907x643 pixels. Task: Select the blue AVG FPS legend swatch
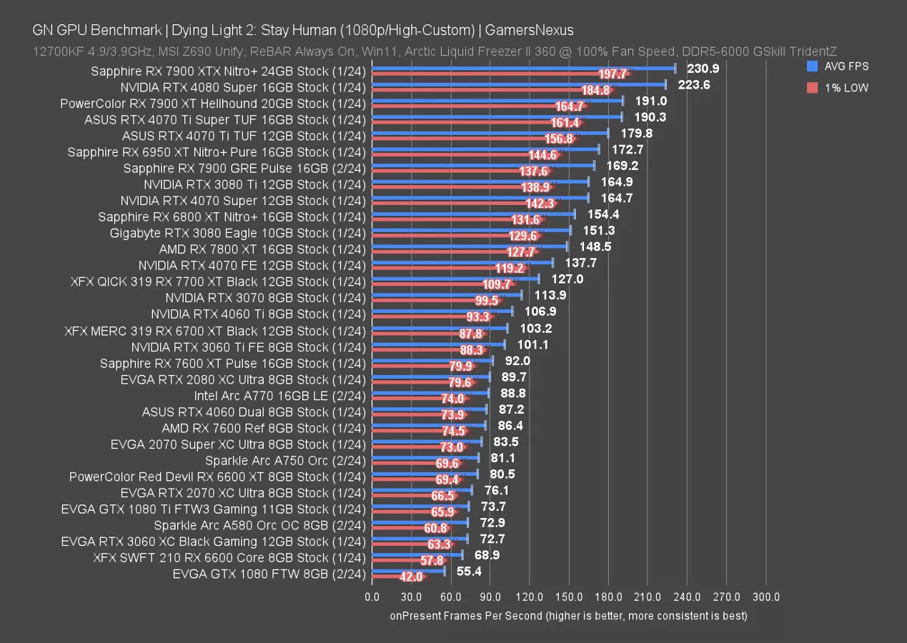pos(811,66)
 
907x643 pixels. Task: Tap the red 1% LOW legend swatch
pos(811,88)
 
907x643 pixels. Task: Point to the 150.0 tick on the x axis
pos(569,597)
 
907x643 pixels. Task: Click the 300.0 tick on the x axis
pos(766,597)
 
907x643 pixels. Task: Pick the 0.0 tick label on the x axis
pos(372,597)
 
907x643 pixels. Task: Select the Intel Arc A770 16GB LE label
pos(279,395)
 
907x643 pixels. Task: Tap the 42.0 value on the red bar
pos(410,577)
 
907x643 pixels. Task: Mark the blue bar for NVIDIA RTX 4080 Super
pos(518,84)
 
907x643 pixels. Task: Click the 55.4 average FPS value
pos(470,571)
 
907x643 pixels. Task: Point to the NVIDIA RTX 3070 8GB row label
pos(265,297)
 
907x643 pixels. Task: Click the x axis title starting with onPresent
pos(568,615)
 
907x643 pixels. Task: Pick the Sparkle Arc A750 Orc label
pos(285,460)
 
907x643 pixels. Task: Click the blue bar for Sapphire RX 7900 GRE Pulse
pos(482,166)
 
